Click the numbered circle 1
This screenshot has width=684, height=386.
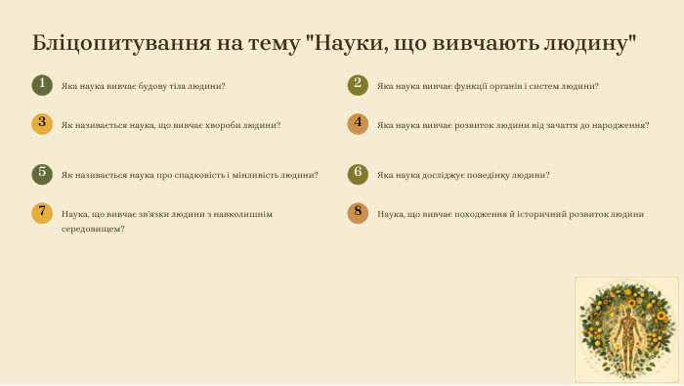(41, 85)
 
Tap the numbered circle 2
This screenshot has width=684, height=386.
(358, 85)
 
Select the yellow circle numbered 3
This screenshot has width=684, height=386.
(41, 124)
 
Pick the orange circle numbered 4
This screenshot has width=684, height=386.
(358, 124)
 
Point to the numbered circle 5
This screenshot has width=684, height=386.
(41, 174)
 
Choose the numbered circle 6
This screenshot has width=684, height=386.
(358, 174)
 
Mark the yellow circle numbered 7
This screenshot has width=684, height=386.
(41, 213)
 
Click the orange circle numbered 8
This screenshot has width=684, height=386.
(358, 213)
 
